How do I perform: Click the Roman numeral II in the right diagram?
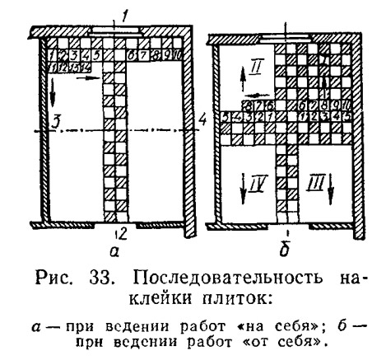tap(257, 67)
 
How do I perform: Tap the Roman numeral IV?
tap(258, 183)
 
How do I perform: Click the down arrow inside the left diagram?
tap(53, 92)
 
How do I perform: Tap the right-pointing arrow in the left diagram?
tap(88, 78)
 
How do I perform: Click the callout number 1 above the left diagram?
tap(124, 17)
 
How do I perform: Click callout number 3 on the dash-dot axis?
tap(55, 123)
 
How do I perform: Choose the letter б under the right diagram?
tap(286, 250)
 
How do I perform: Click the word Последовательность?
tap(228, 278)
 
